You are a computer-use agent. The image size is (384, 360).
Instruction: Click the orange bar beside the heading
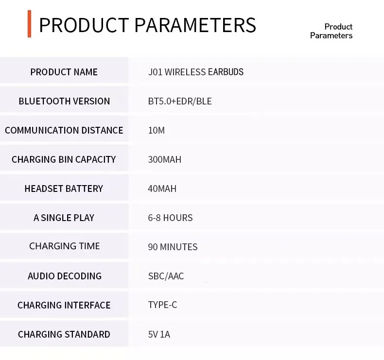[x=29, y=24]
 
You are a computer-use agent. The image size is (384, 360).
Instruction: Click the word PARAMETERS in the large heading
[x=195, y=25]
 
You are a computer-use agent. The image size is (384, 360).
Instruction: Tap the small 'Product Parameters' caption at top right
[x=331, y=31]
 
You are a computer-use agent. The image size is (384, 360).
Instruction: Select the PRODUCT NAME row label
[x=64, y=72]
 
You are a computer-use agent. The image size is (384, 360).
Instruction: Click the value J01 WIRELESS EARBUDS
[x=196, y=72]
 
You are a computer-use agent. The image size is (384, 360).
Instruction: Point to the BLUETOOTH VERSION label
[x=64, y=101]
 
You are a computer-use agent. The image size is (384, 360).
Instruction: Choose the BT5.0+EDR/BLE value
[x=180, y=101]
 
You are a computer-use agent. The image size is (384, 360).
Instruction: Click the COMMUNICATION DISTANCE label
[x=64, y=130]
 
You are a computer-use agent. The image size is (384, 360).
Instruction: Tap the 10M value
[x=156, y=130]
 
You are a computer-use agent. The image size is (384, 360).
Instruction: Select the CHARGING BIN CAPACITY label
[x=64, y=159]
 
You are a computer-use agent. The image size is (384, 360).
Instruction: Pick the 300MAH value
[x=165, y=159]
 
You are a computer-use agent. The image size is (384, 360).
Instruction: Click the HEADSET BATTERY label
[x=64, y=189]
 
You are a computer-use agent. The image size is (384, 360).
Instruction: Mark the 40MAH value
[x=162, y=189]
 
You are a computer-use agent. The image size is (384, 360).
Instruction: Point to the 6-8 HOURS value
[x=170, y=218]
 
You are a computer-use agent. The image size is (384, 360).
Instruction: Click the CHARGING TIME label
[x=65, y=246]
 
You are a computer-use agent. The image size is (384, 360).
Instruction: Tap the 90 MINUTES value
[x=173, y=247]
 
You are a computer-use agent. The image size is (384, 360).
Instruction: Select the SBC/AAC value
[x=166, y=276]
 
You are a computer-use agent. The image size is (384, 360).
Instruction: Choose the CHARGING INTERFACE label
[x=64, y=305]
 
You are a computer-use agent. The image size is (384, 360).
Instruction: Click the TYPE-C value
[x=162, y=305]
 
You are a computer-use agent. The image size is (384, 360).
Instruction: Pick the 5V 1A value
[x=159, y=334]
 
